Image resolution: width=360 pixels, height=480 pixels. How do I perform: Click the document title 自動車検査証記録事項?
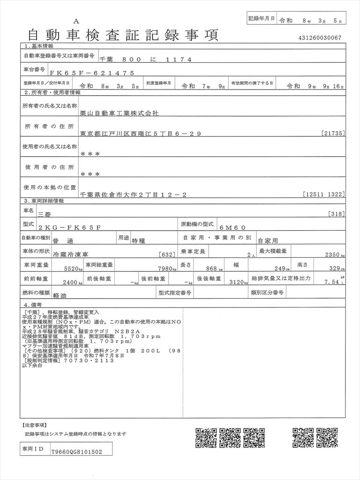pyautogui.click(x=123, y=35)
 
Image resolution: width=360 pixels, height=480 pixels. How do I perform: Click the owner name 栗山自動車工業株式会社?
pyautogui.click(x=120, y=113)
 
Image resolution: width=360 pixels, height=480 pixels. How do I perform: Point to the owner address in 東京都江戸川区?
pyautogui.click(x=141, y=134)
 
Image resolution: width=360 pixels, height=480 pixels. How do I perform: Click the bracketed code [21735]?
pyautogui.click(x=333, y=134)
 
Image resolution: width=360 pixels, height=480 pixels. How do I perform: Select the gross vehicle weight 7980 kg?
pyautogui.click(x=166, y=269)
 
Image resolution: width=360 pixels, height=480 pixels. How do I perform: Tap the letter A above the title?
pyautogui.click(x=76, y=22)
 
